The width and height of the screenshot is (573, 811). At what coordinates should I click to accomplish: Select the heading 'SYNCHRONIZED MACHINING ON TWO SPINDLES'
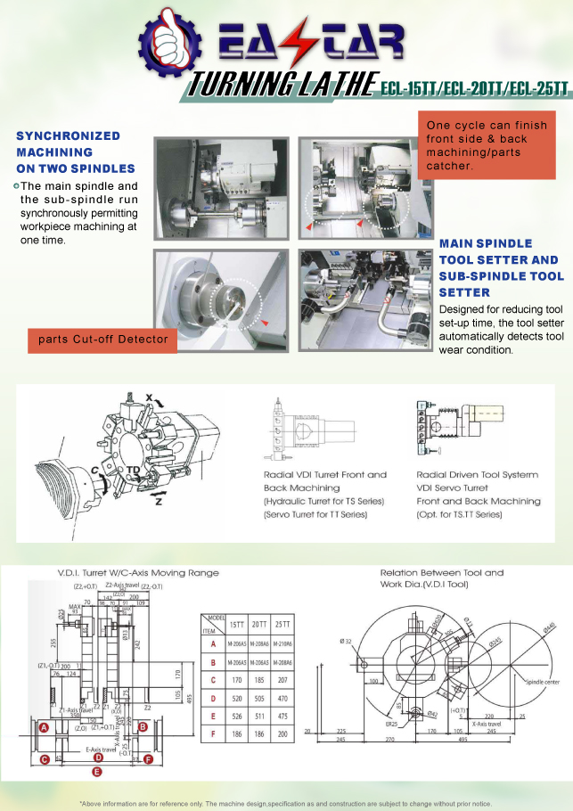coord(76,152)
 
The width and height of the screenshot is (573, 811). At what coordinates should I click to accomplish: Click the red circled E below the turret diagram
coord(96,769)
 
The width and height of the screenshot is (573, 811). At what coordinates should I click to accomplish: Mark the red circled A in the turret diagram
coord(43,727)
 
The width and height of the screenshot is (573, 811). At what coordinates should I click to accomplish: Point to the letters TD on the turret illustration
coord(132,470)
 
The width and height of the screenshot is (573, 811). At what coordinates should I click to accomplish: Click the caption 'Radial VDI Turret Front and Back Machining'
coord(325,481)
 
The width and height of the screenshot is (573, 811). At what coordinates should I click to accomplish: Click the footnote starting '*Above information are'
coord(286,802)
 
